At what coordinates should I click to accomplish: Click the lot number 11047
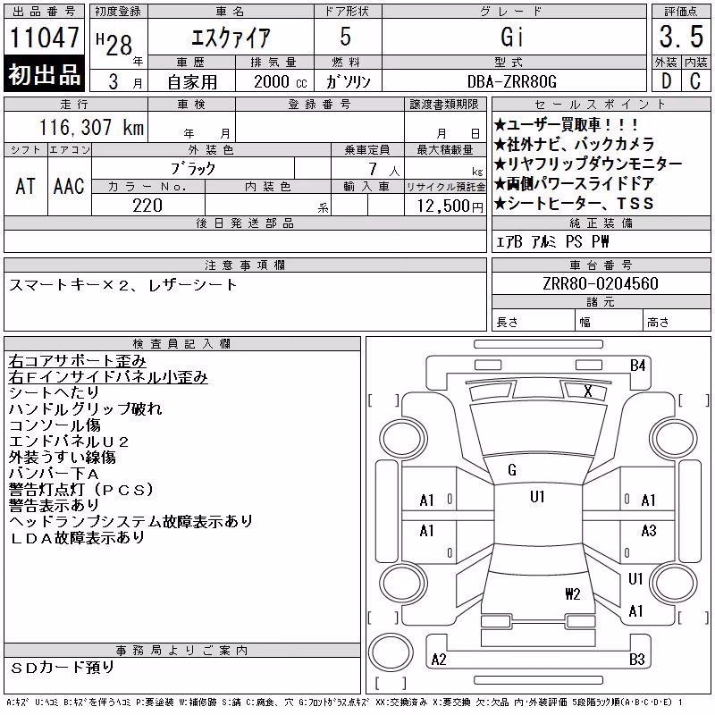coord(44,37)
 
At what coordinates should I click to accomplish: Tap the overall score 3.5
coord(681,37)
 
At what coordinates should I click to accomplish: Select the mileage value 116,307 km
coord(92,127)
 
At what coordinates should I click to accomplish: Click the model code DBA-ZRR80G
coord(512,81)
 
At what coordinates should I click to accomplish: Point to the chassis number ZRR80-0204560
coord(600,283)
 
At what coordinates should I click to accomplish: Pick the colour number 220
coord(147,206)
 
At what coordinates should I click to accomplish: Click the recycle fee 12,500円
coord(450,206)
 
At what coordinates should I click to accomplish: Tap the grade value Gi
coord(511,37)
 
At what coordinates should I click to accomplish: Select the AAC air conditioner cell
coord(69,186)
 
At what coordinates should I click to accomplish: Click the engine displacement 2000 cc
coord(280,81)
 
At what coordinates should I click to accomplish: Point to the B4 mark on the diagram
coord(637,366)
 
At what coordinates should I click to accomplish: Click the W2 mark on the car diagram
coord(573,594)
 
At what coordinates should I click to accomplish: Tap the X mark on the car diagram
coord(588,391)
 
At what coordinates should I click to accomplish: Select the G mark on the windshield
coord(512,470)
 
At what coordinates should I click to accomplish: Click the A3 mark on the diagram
coord(649,530)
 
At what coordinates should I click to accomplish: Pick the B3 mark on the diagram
coord(637,660)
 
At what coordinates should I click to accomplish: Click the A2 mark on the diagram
coord(439,660)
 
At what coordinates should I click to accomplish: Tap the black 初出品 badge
coord(44,74)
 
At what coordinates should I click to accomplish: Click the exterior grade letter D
coord(666,81)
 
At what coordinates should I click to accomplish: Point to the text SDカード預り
coord(63,668)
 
